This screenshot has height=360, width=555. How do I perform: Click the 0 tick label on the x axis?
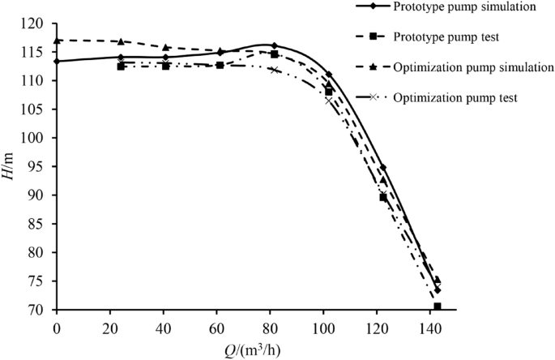tap(57, 327)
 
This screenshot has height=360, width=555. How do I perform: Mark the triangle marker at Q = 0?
tap(57, 41)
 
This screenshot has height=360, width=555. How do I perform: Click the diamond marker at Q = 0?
tap(57, 61)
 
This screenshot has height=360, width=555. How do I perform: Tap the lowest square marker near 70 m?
tap(438, 306)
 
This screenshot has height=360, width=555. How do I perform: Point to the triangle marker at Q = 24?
tap(121, 41)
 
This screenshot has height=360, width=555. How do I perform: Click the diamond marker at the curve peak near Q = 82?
tap(275, 45)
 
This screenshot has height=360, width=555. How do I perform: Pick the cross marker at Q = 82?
tap(275, 70)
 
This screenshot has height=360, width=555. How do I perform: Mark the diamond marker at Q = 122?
tap(382, 167)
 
